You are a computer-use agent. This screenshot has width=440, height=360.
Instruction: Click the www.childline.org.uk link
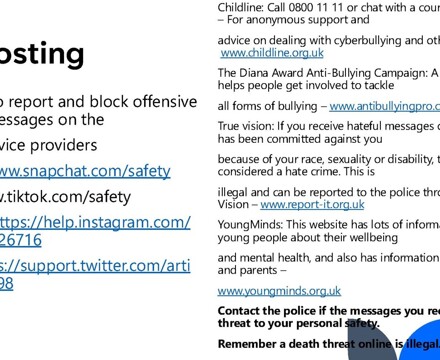[271, 52]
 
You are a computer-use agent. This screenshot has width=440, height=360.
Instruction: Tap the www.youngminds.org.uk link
[278, 291]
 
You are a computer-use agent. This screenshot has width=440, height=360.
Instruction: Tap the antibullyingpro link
[384, 106]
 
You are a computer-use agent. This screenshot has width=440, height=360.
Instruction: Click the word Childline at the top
[239, 6]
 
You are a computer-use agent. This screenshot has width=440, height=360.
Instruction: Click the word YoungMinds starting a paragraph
[246, 225]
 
